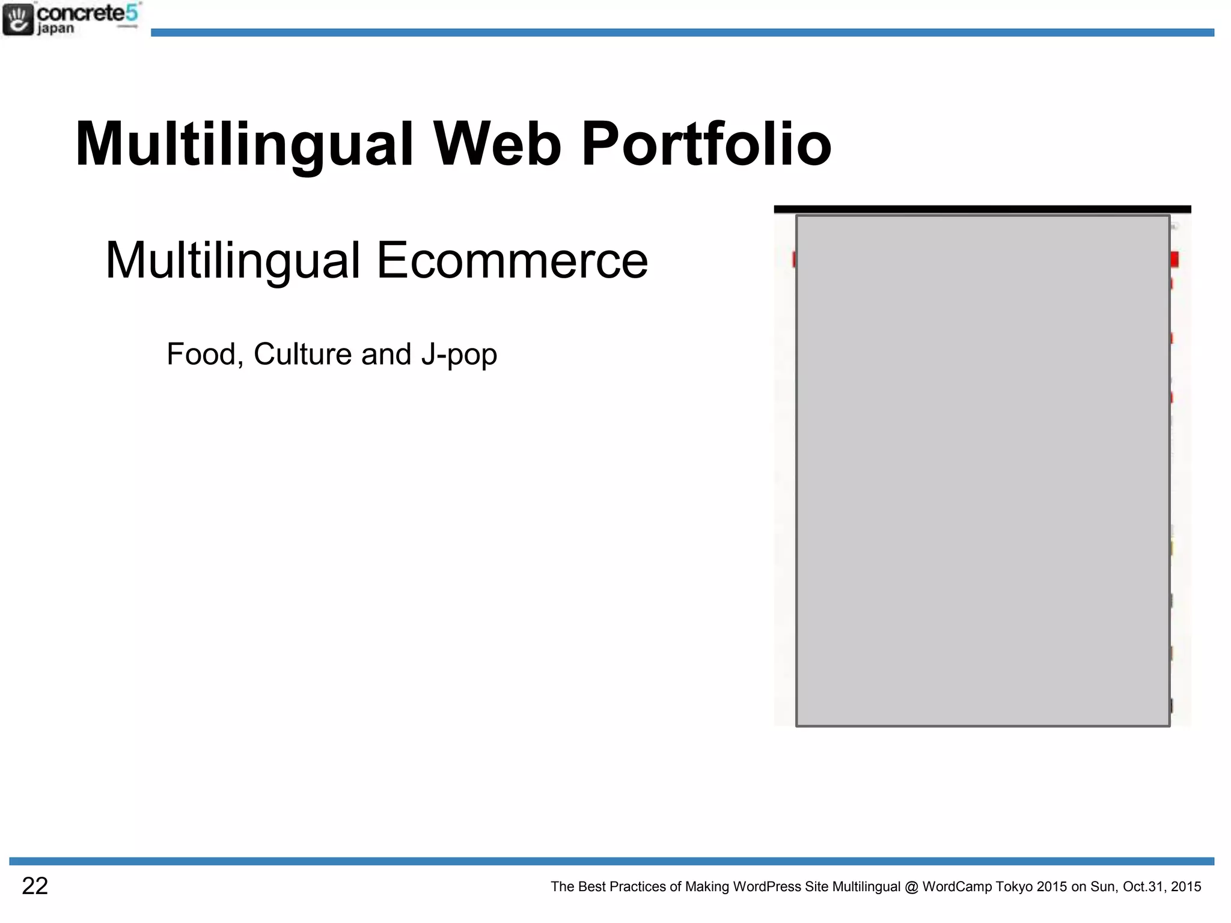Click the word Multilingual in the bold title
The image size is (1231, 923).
pos(244,145)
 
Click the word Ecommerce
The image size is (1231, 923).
pos(512,260)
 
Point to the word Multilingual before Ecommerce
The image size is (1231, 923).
pos(233,261)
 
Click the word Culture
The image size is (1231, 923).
pos(302,354)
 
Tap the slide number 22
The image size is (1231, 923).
pos(35,886)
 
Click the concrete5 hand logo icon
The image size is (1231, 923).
pos(18,19)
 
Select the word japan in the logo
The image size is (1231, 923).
pos(55,29)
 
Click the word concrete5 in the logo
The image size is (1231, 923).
pos(88,13)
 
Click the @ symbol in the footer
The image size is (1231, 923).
pos(911,887)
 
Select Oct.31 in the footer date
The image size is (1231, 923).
pos(1144,887)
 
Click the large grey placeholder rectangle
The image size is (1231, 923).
pos(983,471)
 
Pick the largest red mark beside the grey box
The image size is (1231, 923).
pos(1174,259)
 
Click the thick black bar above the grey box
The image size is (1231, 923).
pos(982,209)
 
